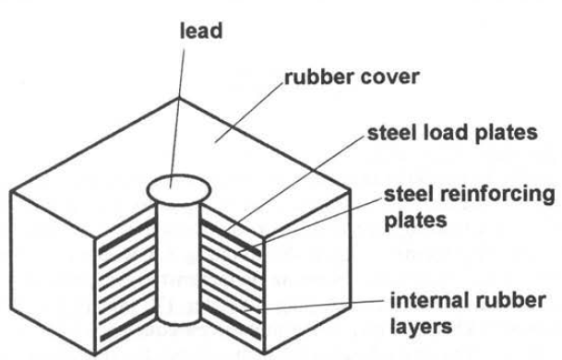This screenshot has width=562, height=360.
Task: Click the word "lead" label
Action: click(201, 30)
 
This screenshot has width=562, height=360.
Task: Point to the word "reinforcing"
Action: click(497, 196)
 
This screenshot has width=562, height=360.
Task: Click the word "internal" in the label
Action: click(430, 301)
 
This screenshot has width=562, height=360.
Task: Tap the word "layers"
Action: click(421, 327)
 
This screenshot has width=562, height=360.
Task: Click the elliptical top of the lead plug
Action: click(178, 189)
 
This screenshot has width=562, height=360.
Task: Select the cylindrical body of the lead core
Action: click(178, 264)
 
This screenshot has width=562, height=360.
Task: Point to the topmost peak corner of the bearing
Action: click(178, 98)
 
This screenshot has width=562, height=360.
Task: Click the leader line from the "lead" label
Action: click(177, 118)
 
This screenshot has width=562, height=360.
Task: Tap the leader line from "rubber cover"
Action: click(248, 113)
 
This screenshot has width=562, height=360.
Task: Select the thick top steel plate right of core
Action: click(232, 239)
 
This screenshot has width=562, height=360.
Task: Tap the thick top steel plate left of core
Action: click(126, 236)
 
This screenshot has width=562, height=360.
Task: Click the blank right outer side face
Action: click(307, 272)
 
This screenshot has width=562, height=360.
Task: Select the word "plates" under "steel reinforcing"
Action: click(415, 221)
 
